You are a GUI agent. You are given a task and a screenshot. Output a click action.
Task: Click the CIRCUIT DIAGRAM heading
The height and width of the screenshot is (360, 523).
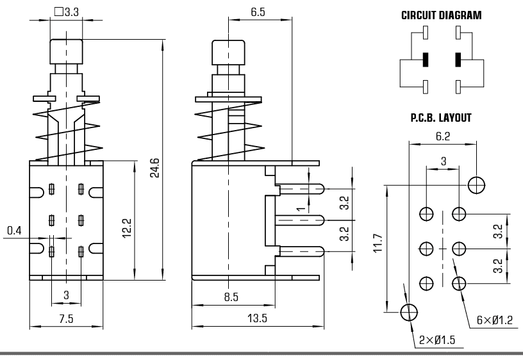coord(441,15)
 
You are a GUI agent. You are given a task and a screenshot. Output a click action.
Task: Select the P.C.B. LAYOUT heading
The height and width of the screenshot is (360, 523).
coord(441,118)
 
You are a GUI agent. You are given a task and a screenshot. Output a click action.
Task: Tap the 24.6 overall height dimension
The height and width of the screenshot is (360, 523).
coord(154,168)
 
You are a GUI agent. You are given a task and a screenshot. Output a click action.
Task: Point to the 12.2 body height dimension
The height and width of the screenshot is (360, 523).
coord(127,228)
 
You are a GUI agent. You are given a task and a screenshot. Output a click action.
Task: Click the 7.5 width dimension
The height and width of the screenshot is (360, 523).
coord(66,318)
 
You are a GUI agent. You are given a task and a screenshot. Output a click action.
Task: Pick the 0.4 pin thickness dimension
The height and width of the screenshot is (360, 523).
coord(14,231)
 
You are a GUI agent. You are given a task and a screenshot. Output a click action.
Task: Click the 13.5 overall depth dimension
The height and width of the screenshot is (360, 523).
coord(257,318)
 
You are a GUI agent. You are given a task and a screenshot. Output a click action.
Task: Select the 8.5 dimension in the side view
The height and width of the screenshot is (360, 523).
coord(231,297)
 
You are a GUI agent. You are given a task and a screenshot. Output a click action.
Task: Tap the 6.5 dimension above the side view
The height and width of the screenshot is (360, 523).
coord(258,12)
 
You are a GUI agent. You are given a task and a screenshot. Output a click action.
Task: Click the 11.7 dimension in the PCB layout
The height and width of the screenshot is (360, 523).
coord(378,243)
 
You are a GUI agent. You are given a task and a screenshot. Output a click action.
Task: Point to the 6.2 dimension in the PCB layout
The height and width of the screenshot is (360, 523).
coord(443,136)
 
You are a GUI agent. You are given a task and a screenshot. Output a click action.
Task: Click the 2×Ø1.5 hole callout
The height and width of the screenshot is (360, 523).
coord(437,340)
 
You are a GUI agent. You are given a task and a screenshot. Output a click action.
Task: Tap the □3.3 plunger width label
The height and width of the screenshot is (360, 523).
coord(67,12)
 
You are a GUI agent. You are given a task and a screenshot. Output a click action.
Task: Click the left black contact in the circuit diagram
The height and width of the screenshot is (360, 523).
coord(426,60)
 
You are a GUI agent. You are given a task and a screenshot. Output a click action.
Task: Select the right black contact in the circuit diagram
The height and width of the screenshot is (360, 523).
coord(458,60)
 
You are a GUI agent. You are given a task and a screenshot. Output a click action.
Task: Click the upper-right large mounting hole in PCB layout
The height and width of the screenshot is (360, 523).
coord(476,185)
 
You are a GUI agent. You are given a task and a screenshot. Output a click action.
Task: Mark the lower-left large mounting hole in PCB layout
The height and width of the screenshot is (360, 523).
coord(409,313)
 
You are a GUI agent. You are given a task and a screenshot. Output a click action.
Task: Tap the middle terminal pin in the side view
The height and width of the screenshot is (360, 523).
coord(299,220)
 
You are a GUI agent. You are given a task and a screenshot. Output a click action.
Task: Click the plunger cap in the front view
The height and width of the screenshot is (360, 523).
coord(67,52)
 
